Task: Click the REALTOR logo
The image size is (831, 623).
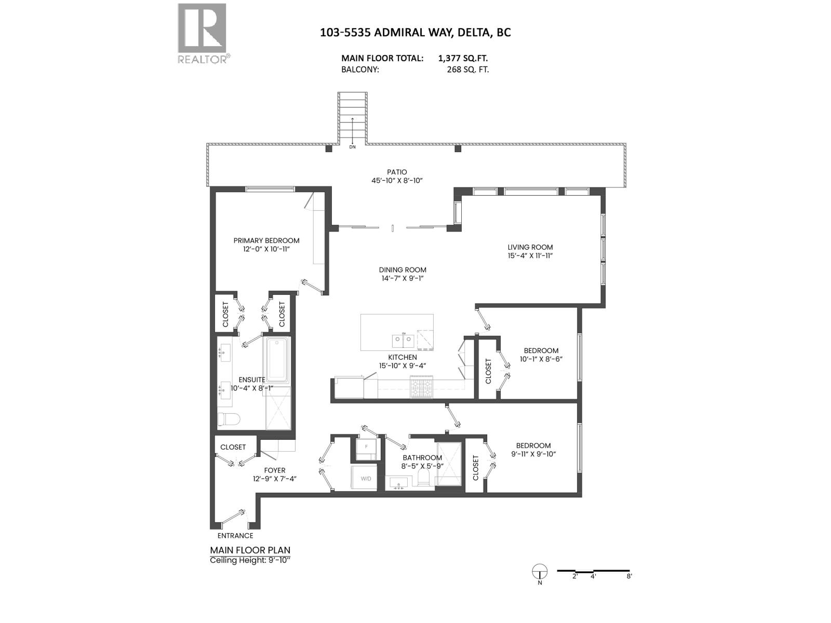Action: coord(202,33)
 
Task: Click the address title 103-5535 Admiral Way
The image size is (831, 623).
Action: coord(415,32)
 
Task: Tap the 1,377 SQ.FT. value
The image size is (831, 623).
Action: coord(463,59)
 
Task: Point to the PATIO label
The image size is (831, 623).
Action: coord(397,172)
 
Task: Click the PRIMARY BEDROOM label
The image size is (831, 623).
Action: coord(266,240)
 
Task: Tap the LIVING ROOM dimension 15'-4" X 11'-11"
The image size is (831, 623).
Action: coord(530,256)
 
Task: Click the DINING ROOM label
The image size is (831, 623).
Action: coord(403,270)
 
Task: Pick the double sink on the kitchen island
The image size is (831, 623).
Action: coord(403,341)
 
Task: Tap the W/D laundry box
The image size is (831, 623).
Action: coord(366,478)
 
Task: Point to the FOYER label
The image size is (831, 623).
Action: coord(274,470)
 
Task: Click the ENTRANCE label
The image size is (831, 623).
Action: coord(235,536)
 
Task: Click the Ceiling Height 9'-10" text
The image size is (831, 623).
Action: coord(250,560)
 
